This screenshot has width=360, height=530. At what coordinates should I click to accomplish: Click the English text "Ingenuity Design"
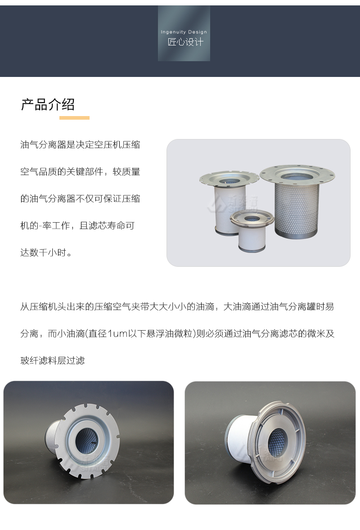tap(184, 32)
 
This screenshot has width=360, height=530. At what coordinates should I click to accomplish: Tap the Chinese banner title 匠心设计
tap(185, 42)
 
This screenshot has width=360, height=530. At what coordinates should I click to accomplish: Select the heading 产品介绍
tap(48, 104)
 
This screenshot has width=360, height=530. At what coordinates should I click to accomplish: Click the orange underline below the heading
tap(74, 118)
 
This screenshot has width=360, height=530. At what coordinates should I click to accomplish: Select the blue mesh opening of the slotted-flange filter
tap(86, 440)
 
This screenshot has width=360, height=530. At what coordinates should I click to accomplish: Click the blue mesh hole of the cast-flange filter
tap(277, 441)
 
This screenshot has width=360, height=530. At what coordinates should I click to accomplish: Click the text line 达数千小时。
tap(46, 252)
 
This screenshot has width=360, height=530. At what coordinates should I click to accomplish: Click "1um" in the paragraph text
tap(117, 334)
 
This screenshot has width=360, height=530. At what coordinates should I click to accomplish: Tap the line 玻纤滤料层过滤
tap(52, 361)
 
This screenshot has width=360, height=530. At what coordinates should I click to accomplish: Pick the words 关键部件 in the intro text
tap(85, 172)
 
